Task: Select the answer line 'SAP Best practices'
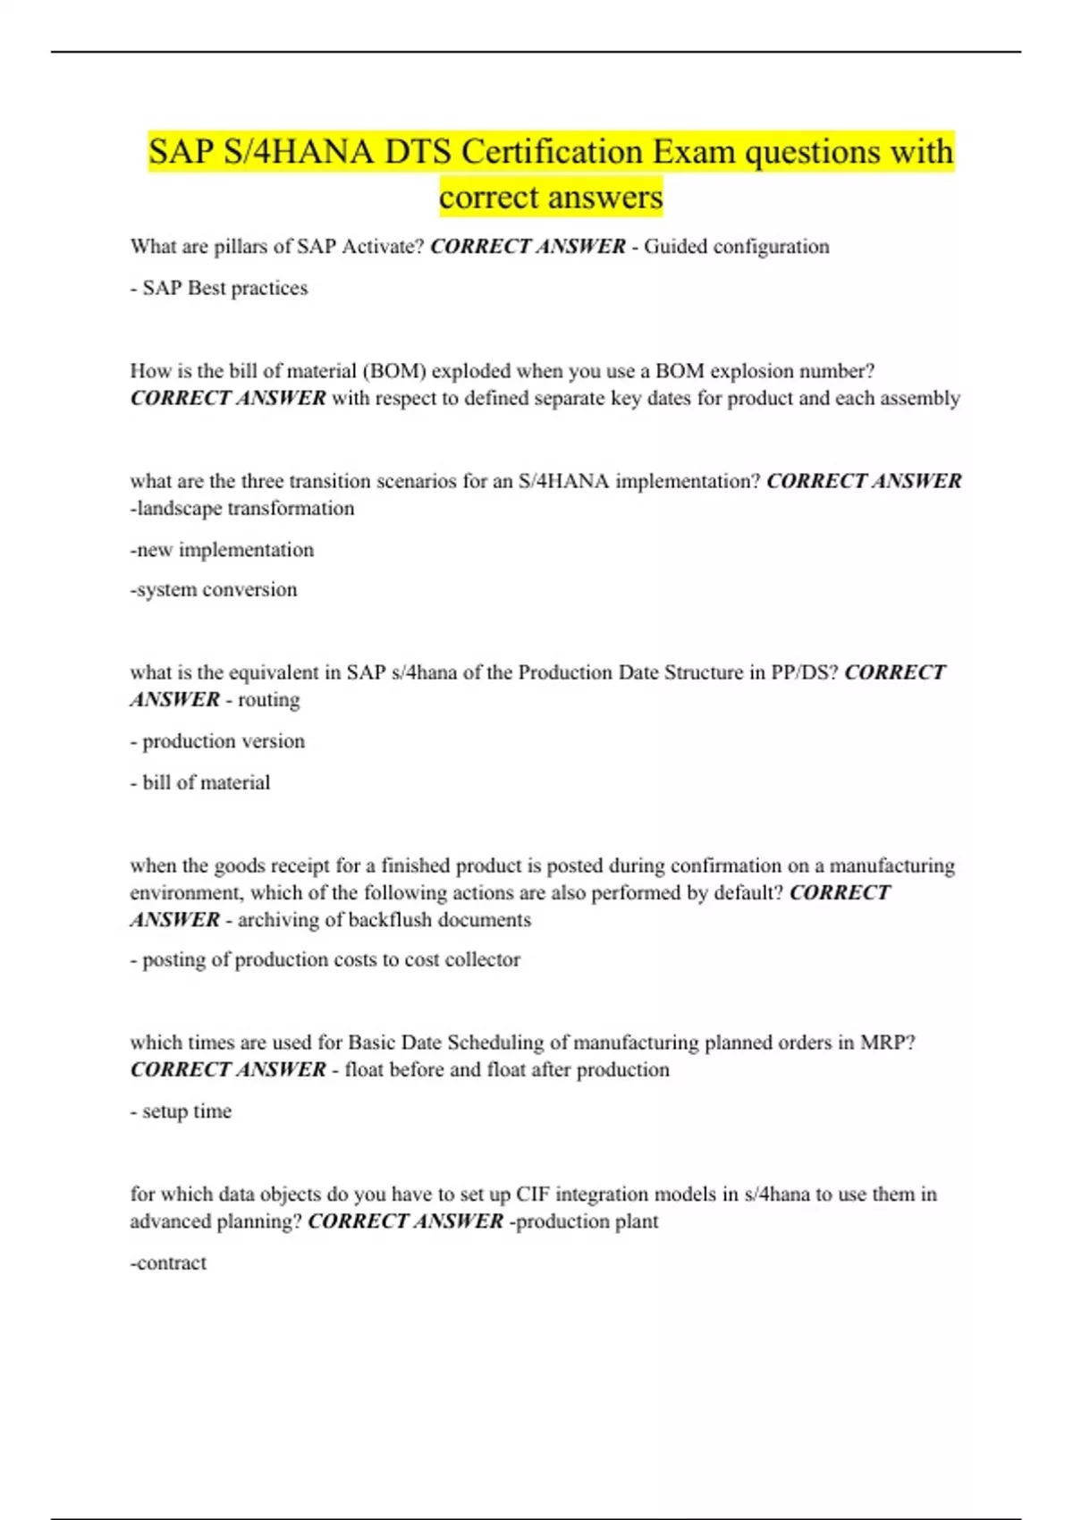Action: tap(224, 288)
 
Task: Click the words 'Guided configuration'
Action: tap(736, 247)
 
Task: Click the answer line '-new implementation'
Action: tap(222, 550)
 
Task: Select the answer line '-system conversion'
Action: tap(214, 590)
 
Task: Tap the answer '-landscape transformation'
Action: tap(242, 509)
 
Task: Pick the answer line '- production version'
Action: tap(217, 741)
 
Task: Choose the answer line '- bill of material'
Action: tap(200, 782)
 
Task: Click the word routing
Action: tap(268, 700)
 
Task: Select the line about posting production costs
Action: tap(325, 959)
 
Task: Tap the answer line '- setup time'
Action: tap(181, 1111)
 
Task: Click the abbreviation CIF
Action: tap(533, 1195)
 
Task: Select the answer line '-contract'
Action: tap(168, 1263)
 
